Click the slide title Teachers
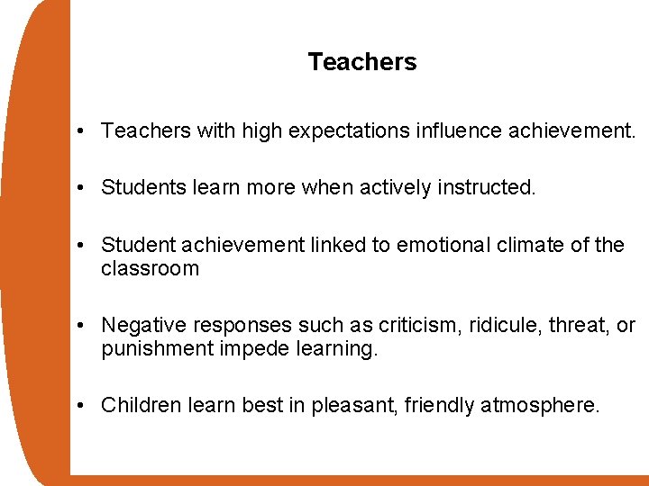362,62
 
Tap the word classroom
150,268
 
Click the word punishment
157,348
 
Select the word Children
141,406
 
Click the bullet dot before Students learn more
81,188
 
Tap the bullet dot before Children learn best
81,407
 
